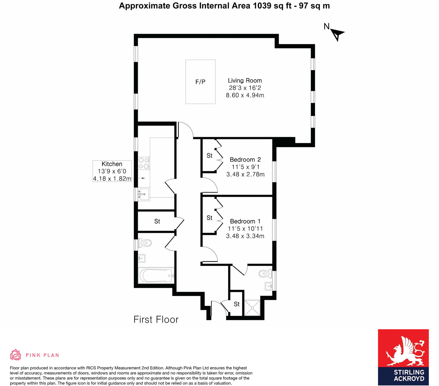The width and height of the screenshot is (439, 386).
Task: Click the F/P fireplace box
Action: [200, 82]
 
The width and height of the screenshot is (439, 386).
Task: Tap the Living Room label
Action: [245, 81]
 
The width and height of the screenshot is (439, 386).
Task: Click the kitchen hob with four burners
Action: [143, 163]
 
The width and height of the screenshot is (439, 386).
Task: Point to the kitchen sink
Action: [143, 194]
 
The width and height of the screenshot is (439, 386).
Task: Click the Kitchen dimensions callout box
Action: [112, 171]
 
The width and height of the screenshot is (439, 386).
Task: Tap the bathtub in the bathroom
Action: [156, 275]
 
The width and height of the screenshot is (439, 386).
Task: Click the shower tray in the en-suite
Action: [252, 308]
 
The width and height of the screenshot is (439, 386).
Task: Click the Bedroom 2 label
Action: [245, 160]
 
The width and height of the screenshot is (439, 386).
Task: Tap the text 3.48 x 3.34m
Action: [245, 236]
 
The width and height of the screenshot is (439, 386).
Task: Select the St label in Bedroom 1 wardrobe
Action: [209, 218]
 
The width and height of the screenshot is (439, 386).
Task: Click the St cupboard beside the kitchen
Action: [157, 221]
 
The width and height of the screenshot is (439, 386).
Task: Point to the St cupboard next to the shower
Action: [237, 304]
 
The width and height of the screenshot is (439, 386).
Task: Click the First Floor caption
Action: [156, 320]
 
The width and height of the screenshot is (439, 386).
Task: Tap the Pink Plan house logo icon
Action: [15, 355]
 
